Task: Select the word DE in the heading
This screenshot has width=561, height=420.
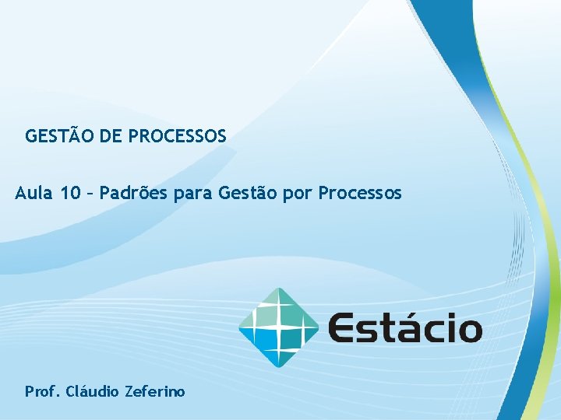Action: tap(111, 137)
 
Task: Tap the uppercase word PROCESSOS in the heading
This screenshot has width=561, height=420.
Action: tap(177, 137)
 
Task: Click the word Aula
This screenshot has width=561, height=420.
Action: tap(34, 193)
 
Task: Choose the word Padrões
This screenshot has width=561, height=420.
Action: tap(127, 193)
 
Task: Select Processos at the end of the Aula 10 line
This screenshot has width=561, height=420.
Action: tap(360, 193)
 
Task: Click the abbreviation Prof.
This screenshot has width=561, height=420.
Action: tap(42, 391)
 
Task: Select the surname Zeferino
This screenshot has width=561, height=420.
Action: tap(154, 391)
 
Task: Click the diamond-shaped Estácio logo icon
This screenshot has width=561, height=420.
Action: tap(278, 327)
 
